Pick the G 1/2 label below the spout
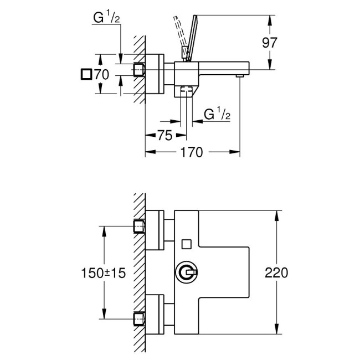point(218,116)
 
